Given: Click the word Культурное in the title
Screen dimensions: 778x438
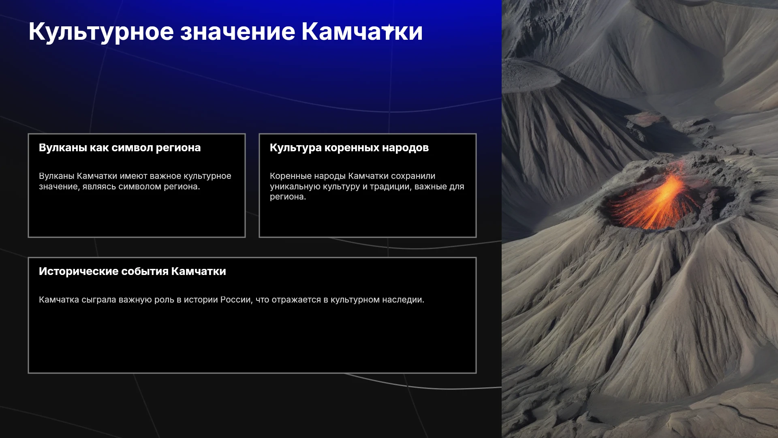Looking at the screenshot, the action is click(x=101, y=32).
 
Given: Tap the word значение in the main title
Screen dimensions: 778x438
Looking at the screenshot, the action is click(x=238, y=32).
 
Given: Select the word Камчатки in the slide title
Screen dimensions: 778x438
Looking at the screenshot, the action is click(x=362, y=32).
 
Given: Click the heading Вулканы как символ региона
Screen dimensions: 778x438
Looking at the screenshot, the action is click(x=120, y=148).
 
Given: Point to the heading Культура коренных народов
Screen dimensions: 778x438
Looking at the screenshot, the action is click(x=349, y=148).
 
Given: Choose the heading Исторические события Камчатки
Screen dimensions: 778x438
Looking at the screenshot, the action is click(x=133, y=271).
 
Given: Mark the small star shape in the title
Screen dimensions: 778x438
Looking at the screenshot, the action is click(x=388, y=29).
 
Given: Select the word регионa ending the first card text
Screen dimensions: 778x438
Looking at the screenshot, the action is click(x=182, y=187).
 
